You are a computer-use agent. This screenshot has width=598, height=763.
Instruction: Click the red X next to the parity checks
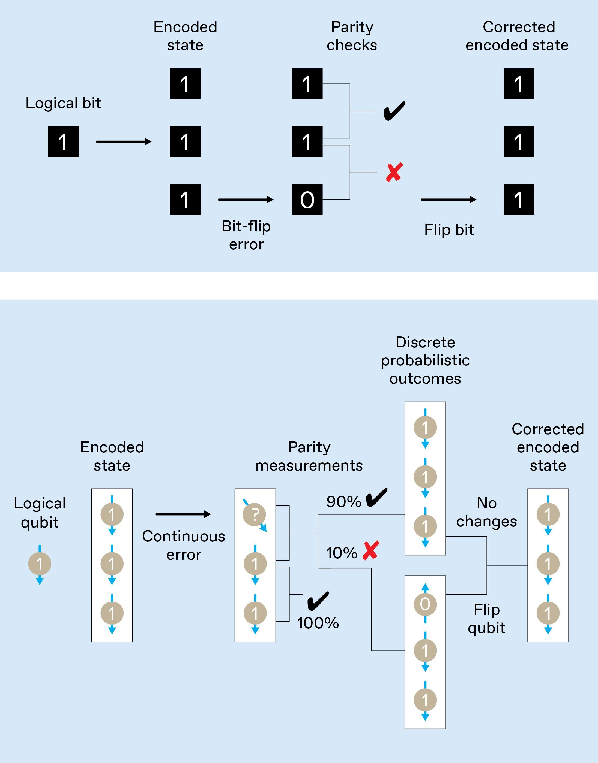tap(394, 172)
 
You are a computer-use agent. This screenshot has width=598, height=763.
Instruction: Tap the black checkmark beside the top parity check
tap(394, 111)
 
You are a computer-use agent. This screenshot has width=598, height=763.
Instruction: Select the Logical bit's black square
tap(63, 142)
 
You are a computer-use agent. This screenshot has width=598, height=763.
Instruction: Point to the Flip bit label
tap(449, 230)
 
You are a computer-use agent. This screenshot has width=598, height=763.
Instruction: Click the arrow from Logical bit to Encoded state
tap(123, 142)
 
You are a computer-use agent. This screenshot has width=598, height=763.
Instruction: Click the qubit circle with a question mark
tap(255, 514)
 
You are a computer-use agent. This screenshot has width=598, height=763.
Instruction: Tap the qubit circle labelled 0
tap(425, 604)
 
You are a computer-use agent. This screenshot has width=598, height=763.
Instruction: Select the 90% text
tap(343, 502)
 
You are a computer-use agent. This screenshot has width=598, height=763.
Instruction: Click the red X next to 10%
tap(371, 550)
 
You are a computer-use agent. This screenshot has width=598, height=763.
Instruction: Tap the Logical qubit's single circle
tap(40, 564)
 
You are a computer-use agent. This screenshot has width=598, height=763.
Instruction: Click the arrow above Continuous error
tap(183, 514)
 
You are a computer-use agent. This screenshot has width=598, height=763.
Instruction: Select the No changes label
tap(486, 512)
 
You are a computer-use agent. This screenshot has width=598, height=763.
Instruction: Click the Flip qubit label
tap(486, 619)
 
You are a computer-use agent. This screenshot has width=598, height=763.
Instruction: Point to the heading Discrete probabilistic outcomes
tap(425, 360)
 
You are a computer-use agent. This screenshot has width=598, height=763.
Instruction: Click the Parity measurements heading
tap(309, 456)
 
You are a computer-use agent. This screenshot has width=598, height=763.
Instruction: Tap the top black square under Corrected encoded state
tap(519, 84)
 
